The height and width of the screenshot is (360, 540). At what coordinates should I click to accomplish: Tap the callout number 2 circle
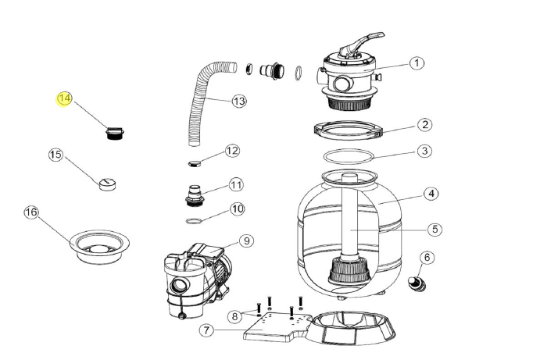click(x=424, y=125)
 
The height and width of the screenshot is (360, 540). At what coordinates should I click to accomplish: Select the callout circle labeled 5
click(x=435, y=230)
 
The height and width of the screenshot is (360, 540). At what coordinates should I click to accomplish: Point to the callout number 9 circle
click(x=246, y=241)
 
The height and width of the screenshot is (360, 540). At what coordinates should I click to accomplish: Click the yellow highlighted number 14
click(x=64, y=99)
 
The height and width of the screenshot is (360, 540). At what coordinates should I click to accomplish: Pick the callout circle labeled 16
click(x=31, y=212)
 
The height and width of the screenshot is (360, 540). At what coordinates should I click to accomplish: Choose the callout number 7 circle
click(x=206, y=330)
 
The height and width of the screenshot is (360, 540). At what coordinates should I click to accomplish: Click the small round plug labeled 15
click(x=107, y=184)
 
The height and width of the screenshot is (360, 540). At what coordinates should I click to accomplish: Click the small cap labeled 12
click(x=195, y=162)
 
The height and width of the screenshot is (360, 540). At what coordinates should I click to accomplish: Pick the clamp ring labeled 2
click(x=347, y=128)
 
